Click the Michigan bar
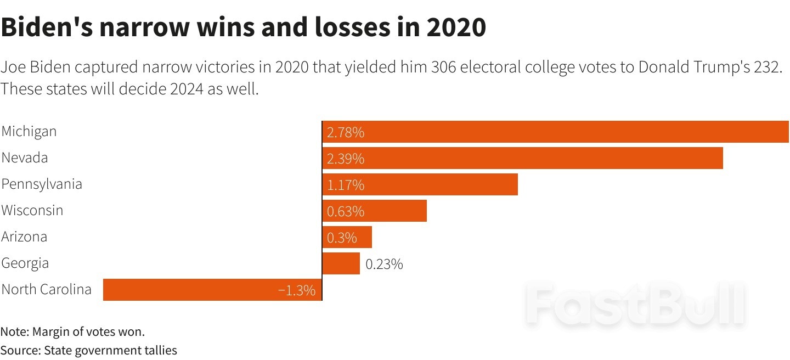click(x=555, y=132)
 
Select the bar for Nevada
click(x=522, y=158)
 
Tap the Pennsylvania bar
click(x=420, y=184)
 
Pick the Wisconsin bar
click(x=374, y=211)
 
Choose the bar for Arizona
click(x=347, y=237)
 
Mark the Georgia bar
click(x=341, y=263)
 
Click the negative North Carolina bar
click(x=212, y=290)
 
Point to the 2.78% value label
click(x=346, y=132)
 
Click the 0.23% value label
click(x=384, y=264)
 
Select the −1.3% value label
click(x=297, y=290)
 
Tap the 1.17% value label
click(x=346, y=185)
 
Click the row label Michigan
click(x=29, y=132)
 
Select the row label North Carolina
click(x=47, y=289)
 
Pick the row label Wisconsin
click(x=32, y=210)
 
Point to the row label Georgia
click(x=25, y=263)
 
